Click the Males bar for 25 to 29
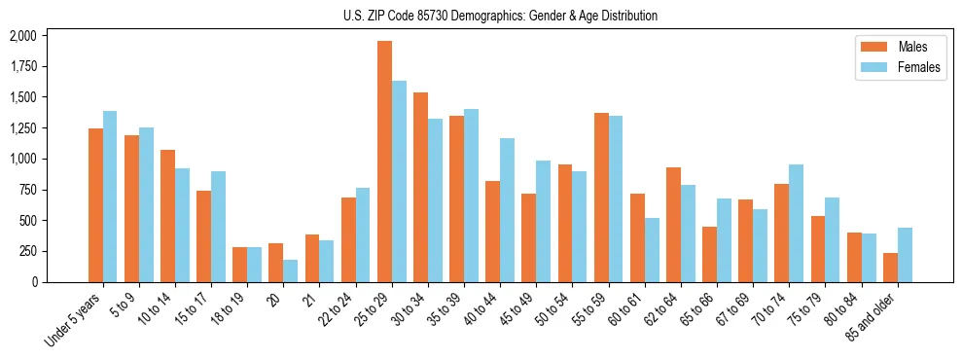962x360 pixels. click(x=384, y=162)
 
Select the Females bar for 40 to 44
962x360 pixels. click(x=508, y=210)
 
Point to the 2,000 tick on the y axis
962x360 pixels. click(x=21, y=36)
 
